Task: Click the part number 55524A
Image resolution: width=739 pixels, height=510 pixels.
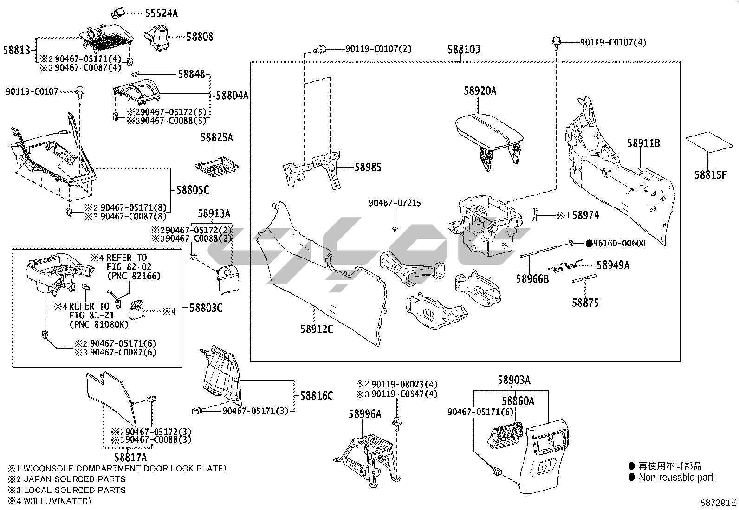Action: pyautogui.click(x=162, y=13)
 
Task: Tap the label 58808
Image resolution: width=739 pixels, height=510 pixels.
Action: pyautogui.click(x=200, y=37)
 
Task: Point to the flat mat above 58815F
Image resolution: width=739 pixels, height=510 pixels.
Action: pyautogui.click(x=709, y=142)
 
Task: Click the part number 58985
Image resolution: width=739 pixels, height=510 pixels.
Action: pyautogui.click(x=368, y=167)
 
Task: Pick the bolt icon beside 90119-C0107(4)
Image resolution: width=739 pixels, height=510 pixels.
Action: pyautogui.click(x=557, y=44)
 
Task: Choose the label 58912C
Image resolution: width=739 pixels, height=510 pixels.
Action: pyautogui.click(x=317, y=329)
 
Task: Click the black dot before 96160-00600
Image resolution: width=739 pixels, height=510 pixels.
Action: pyautogui.click(x=589, y=244)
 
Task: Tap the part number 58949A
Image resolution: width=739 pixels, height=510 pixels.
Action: pyautogui.click(x=613, y=265)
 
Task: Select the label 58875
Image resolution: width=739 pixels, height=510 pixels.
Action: pyautogui.click(x=585, y=303)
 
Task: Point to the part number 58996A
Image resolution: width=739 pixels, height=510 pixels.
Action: pyautogui.click(x=365, y=413)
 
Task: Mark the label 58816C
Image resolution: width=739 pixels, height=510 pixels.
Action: pyautogui.click(x=317, y=395)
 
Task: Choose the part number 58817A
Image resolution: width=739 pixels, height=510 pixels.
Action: pyautogui.click(x=130, y=458)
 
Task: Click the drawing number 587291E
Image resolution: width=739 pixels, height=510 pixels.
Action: pyautogui.click(x=718, y=503)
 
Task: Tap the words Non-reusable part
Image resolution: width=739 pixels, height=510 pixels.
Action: pyautogui.click(x=676, y=478)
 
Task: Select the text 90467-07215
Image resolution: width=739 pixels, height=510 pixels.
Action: pyautogui.click(x=395, y=203)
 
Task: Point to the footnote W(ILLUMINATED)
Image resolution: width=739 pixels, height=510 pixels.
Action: pyautogui.click(x=57, y=501)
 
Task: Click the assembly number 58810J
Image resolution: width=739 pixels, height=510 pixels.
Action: pyautogui.click(x=464, y=50)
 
